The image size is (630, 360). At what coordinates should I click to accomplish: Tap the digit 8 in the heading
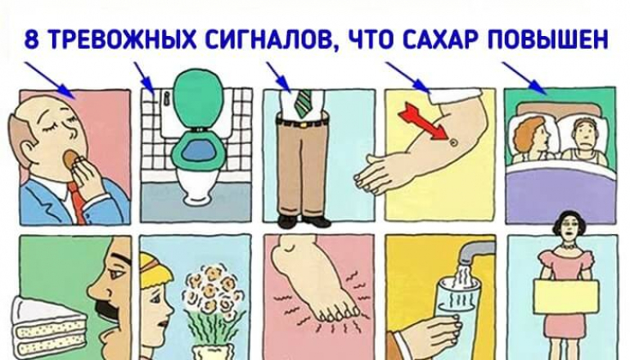pyautogui.click(x=32, y=40)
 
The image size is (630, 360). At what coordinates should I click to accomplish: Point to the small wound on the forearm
pyautogui.click(x=454, y=141)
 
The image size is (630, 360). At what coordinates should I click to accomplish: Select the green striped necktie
pyautogui.click(x=303, y=104)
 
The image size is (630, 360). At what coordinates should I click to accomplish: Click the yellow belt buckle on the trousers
pyautogui.click(x=302, y=123)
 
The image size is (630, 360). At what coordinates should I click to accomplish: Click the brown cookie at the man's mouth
pyautogui.click(x=69, y=158)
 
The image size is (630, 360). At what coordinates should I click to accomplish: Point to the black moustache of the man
pyautogui.click(x=105, y=312)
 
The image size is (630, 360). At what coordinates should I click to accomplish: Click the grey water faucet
pyautogui.click(x=477, y=251)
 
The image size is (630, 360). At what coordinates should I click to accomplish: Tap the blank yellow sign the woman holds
pyautogui.click(x=566, y=297)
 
